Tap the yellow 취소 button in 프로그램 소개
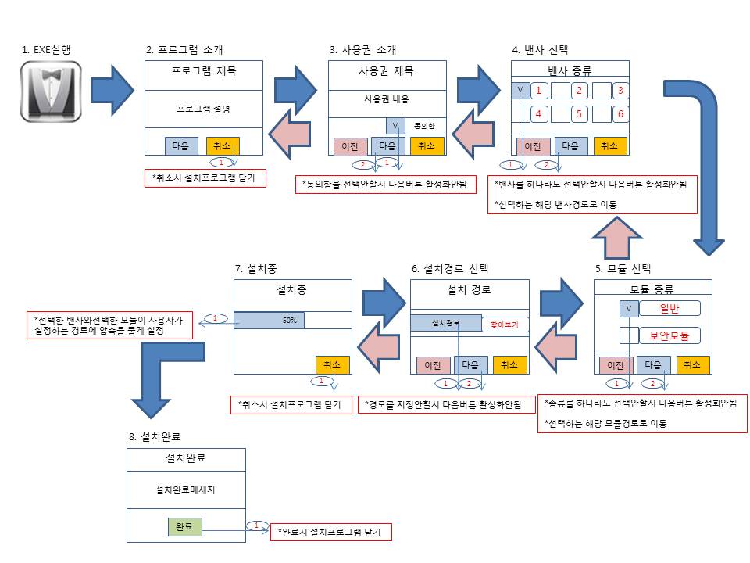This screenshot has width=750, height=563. [x=223, y=145]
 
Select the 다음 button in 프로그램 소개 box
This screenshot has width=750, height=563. [x=181, y=145]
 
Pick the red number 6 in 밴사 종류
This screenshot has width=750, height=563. [x=620, y=113]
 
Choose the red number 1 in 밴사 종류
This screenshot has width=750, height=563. [x=538, y=91]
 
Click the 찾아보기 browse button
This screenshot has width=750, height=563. [x=504, y=323]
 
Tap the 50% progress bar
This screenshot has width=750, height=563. [x=270, y=321]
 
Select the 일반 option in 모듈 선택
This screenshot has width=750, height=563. [x=670, y=309]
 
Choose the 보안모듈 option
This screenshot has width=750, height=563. [x=670, y=335]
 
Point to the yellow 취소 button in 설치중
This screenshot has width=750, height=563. [x=333, y=364]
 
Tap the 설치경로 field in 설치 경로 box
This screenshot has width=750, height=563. [x=445, y=322]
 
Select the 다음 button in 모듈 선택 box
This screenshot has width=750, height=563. [x=653, y=364]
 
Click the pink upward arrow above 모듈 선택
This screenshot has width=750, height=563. [x=616, y=235]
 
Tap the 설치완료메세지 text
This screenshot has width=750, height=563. [x=185, y=491]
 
